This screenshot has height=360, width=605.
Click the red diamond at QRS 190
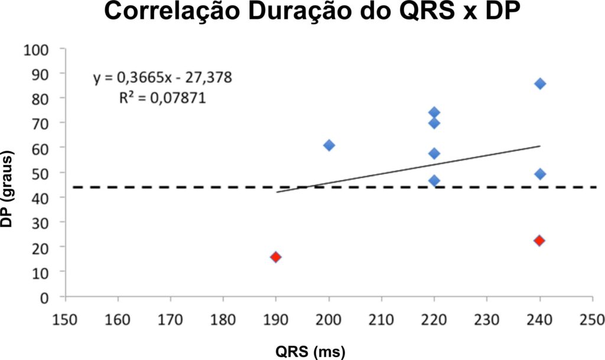pyautogui.click(x=275, y=257)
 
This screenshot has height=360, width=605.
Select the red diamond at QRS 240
pyautogui.click(x=540, y=241)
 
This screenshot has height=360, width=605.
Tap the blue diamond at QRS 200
pyautogui.click(x=328, y=145)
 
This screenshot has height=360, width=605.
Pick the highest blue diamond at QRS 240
pyautogui.click(x=540, y=84)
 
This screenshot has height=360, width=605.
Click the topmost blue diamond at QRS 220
pyautogui.click(x=434, y=113)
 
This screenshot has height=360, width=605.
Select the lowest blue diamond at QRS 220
pyautogui.click(x=434, y=180)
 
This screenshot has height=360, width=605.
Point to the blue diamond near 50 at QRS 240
pyautogui.click(x=540, y=174)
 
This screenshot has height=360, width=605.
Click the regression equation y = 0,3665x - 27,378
pyautogui.click(x=162, y=77)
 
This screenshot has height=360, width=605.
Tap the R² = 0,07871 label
pyautogui.click(x=162, y=98)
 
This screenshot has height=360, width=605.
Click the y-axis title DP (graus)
pyautogui.click(x=6, y=189)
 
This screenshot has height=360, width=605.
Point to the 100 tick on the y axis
pyautogui.click(x=36, y=50)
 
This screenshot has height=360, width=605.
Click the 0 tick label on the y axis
pyautogui.click(x=44, y=298)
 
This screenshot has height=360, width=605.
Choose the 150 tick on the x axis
pyautogui.click(x=66, y=320)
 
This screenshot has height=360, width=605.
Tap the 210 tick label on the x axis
pyautogui.click(x=381, y=320)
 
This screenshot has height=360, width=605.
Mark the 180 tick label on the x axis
pyautogui.click(x=223, y=320)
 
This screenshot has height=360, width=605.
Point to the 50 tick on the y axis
pyautogui.click(x=40, y=174)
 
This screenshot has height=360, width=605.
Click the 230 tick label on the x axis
pyautogui.click(x=487, y=320)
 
